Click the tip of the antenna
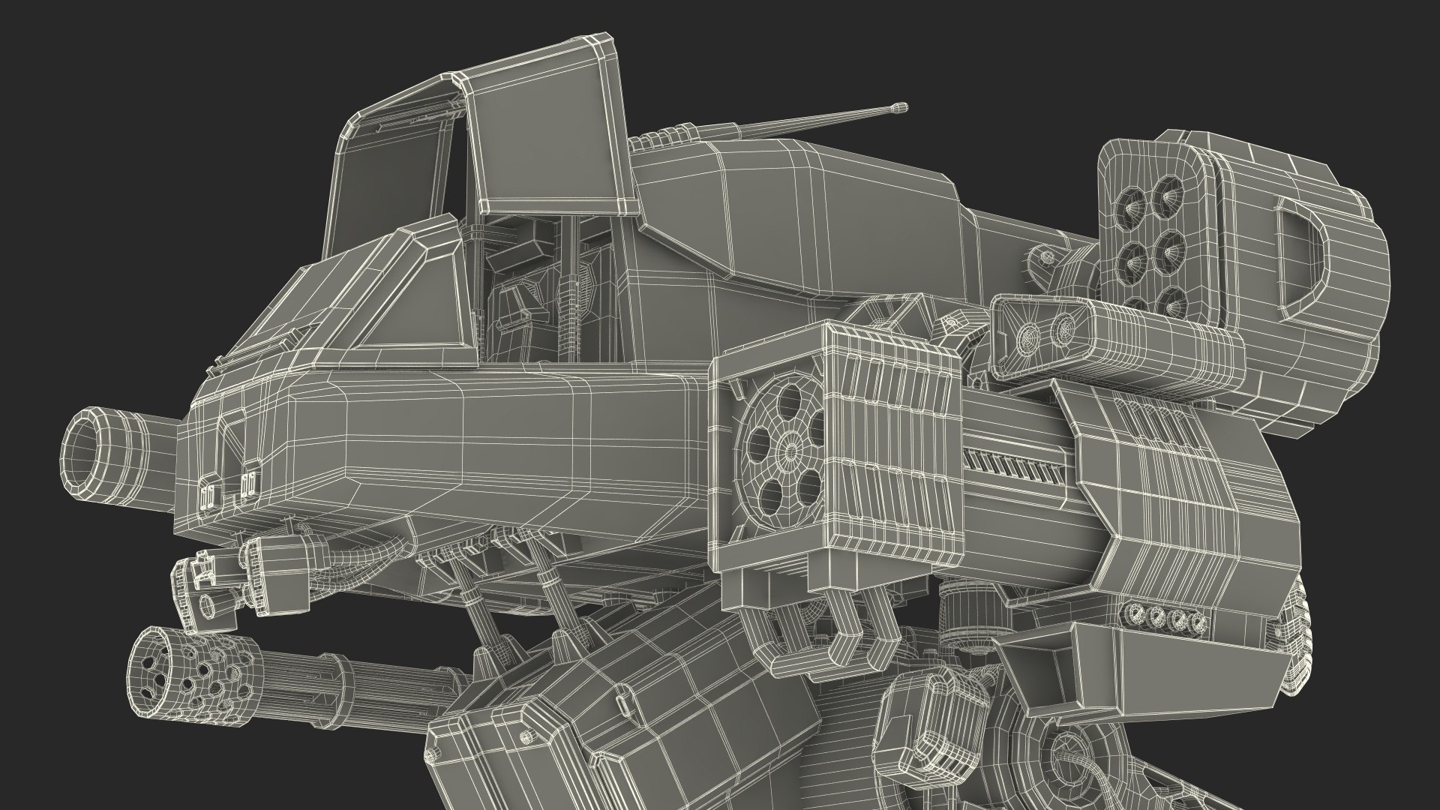900,108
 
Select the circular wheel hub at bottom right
1065,772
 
